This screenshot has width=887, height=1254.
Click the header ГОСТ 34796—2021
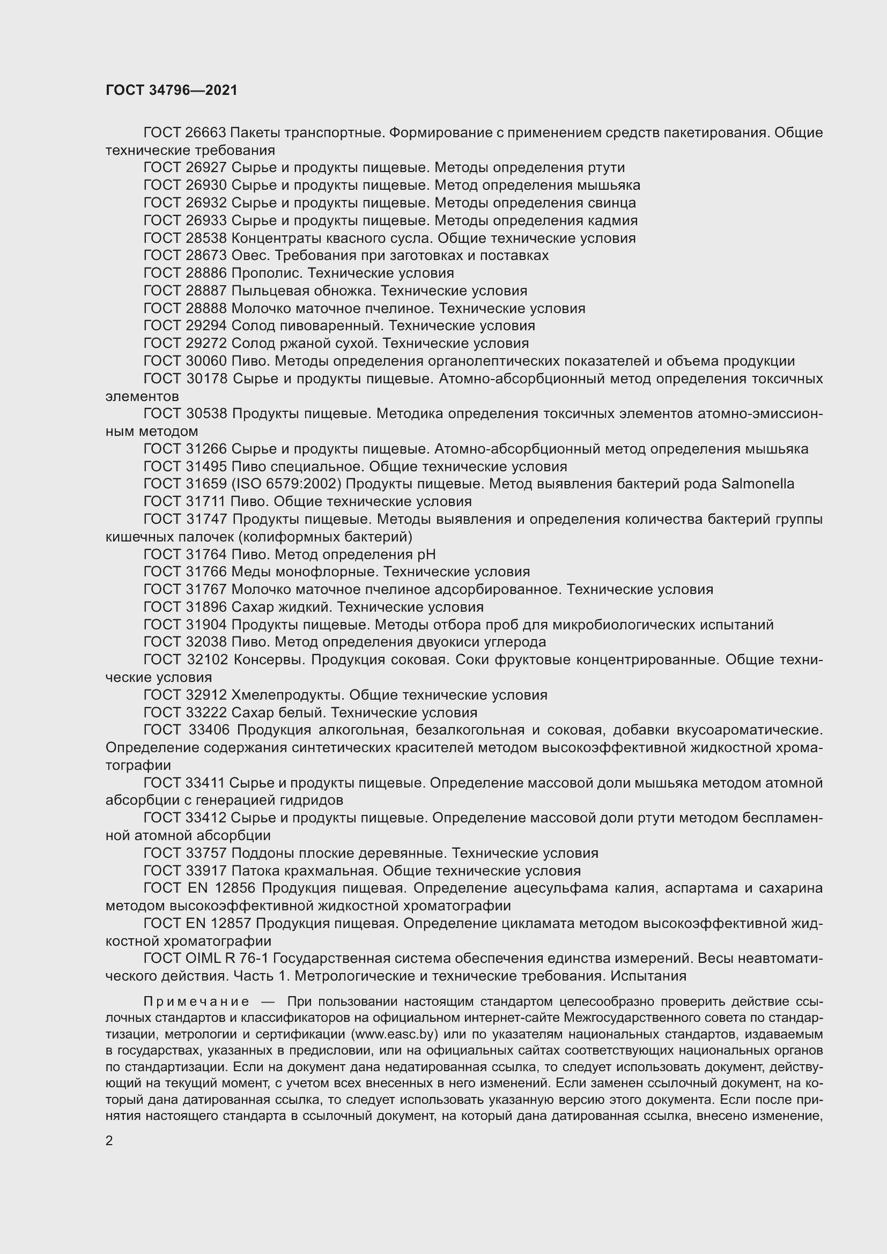click(172, 90)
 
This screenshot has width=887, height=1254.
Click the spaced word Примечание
click(196, 1001)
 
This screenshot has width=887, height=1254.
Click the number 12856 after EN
click(236, 888)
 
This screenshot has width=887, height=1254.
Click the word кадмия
click(613, 221)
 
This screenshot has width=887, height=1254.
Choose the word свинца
click(612, 203)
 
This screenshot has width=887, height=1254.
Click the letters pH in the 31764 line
click(426, 554)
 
